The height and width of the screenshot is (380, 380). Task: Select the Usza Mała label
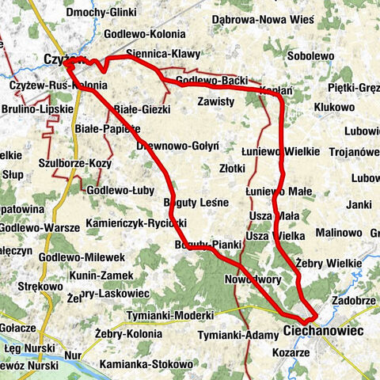pyautogui.click(x=272, y=215)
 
